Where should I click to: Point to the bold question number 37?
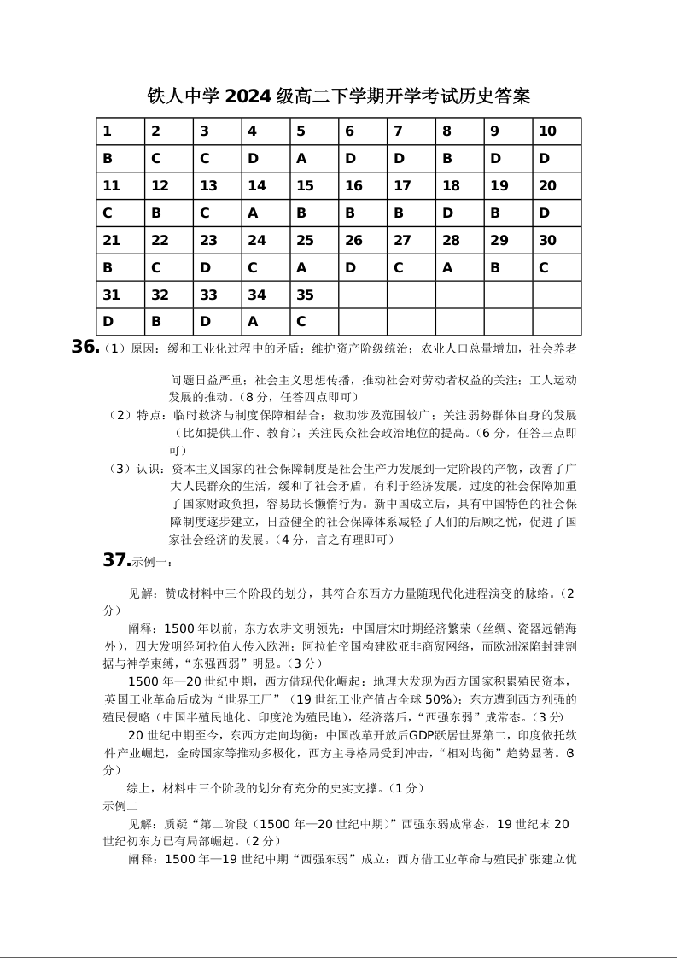click(x=116, y=560)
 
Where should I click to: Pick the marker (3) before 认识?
click(x=120, y=468)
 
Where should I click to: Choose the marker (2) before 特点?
click(x=120, y=415)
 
